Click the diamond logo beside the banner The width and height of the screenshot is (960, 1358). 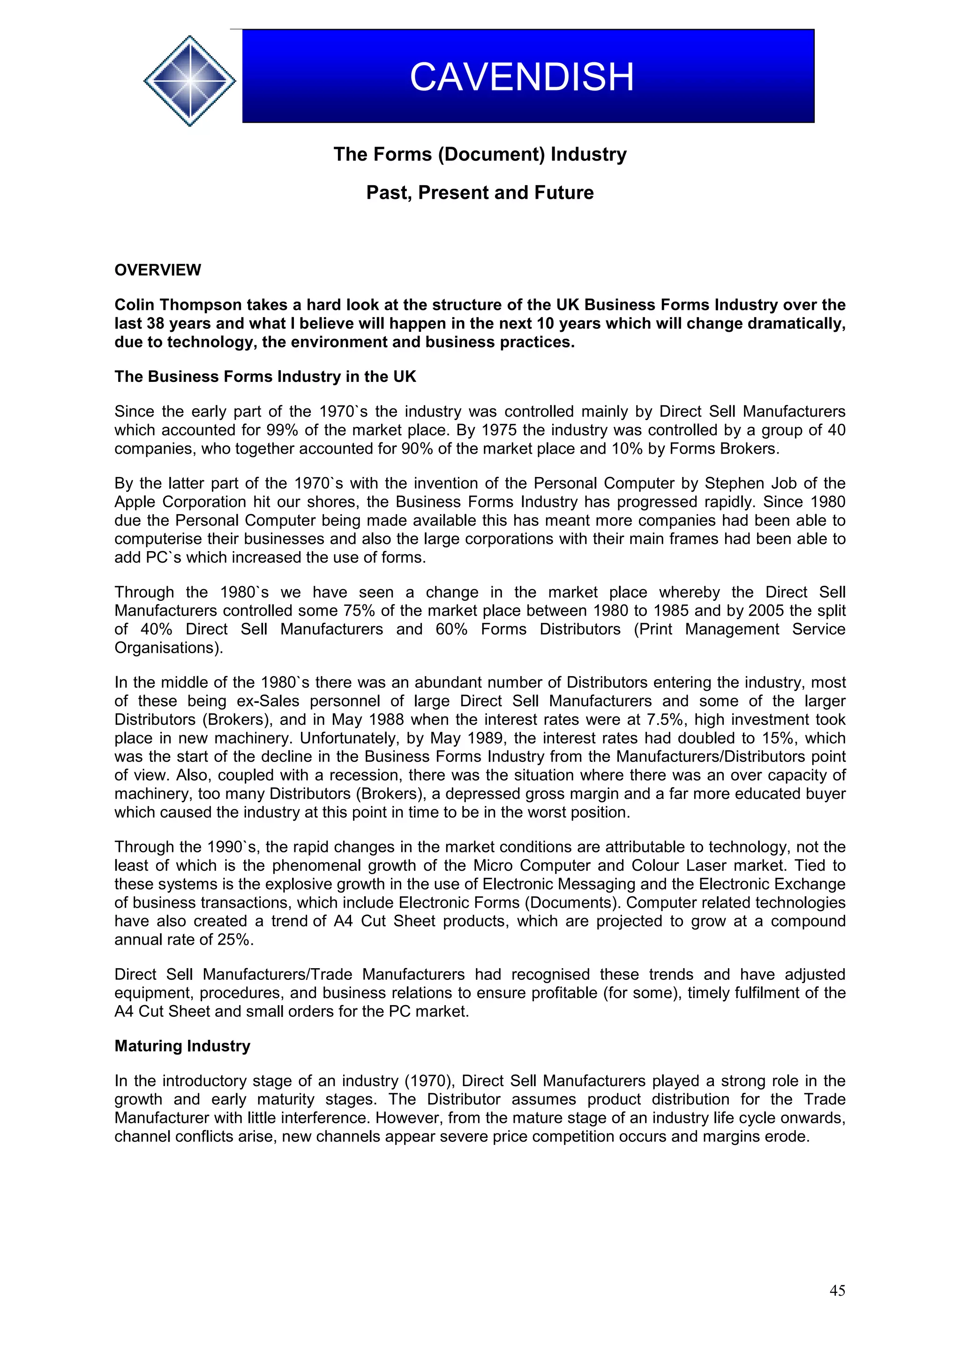click(x=189, y=81)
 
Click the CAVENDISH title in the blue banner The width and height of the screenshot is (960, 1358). click(x=522, y=77)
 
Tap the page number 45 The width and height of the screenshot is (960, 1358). click(x=837, y=1291)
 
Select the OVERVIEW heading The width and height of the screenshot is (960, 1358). click(x=157, y=270)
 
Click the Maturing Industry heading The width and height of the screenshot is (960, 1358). click(x=182, y=1046)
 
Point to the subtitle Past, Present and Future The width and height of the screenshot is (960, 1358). click(x=480, y=193)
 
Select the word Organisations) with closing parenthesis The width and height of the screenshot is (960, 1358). click(x=169, y=648)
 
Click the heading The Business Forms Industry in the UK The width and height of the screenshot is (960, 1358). click(x=265, y=377)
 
